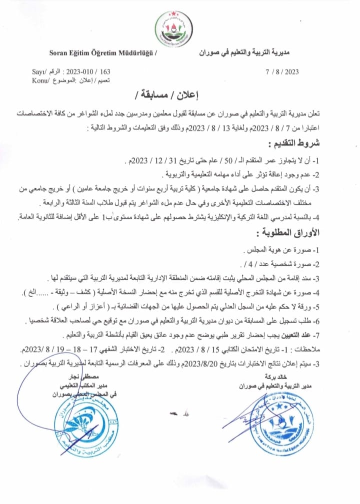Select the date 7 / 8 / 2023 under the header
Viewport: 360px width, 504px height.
[282, 72]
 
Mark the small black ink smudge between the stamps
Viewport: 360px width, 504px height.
[176, 414]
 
